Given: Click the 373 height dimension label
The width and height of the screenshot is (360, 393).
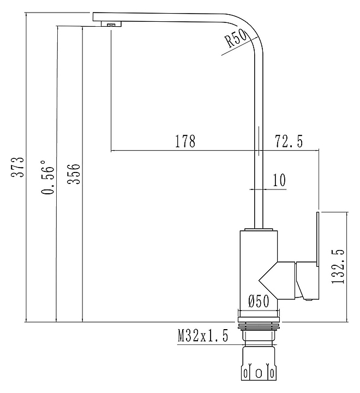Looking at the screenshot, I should tap(19, 168).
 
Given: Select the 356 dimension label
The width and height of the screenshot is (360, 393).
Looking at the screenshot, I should tap(74, 174).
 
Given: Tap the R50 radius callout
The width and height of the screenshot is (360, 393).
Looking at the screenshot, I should tap(235, 40).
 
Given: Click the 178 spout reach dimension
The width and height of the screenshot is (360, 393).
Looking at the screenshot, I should tap(185, 142).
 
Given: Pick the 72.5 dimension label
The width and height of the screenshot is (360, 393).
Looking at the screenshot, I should tap(289, 142).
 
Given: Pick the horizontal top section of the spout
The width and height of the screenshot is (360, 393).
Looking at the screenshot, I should tap(164, 17).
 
